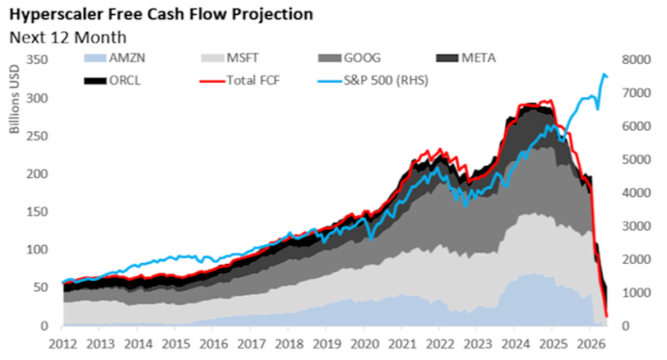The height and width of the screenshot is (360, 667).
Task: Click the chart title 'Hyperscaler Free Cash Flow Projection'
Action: coord(161,15)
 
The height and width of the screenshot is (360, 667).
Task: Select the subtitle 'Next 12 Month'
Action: coord(68,38)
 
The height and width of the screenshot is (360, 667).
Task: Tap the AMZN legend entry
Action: coord(114,58)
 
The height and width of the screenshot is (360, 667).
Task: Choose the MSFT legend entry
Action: coord(229,58)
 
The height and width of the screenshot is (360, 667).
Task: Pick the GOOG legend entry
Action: coord(350,58)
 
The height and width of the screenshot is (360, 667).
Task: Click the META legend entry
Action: coord(466,58)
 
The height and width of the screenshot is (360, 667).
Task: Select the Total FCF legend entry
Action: coord(241,81)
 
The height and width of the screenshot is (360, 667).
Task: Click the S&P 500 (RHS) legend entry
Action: coord(373,81)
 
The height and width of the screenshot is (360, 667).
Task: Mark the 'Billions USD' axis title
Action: coord(15,99)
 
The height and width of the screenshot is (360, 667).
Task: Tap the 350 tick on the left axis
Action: coord(37,59)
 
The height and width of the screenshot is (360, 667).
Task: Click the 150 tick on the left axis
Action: coord(37,212)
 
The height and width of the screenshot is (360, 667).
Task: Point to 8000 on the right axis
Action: coord(637,59)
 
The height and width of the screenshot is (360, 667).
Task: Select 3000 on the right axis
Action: coord(637,226)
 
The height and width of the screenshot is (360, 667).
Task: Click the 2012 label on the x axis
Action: coord(63,344)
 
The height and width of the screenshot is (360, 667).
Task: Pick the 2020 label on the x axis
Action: coord(364,344)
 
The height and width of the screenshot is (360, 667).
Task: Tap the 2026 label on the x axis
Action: coord(590,344)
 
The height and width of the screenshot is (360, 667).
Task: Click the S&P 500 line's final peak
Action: coord(604,74)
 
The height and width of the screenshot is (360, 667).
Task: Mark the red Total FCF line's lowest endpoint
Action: coord(607,316)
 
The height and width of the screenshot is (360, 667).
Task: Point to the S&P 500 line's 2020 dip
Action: coord(371,240)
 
